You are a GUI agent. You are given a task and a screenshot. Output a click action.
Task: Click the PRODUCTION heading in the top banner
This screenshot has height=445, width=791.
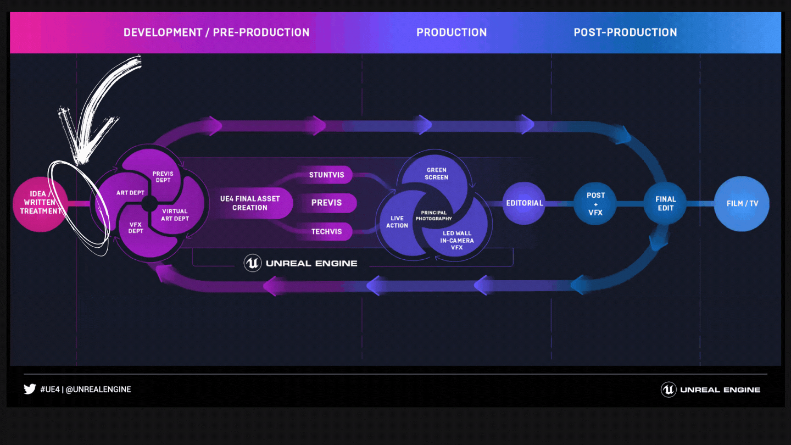452,32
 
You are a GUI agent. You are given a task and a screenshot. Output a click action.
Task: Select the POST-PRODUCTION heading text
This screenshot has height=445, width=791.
625,32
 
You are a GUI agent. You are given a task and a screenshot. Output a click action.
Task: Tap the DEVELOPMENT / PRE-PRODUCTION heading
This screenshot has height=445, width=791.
216,32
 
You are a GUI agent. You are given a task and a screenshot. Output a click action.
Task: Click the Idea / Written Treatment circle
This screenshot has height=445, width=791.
40,204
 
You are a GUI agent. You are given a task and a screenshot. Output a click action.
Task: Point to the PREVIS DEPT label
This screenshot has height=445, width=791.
163,177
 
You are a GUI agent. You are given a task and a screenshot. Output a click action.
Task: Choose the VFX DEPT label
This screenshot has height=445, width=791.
136,228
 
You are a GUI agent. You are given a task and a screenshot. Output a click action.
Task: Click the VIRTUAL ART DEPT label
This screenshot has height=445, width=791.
175,215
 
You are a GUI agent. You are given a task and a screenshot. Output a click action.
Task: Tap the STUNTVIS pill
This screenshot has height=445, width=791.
327,175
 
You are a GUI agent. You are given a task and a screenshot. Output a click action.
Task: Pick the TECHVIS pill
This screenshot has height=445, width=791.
327,232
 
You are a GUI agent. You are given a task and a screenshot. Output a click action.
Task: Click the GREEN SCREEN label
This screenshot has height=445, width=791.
437,174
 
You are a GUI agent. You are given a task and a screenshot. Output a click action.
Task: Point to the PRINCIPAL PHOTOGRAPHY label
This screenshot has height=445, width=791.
433,215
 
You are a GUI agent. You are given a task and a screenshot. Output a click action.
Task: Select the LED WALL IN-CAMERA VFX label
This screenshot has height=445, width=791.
457,240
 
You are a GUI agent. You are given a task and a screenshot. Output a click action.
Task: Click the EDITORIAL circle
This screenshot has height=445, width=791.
524,203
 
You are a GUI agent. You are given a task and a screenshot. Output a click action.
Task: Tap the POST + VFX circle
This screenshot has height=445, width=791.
595,203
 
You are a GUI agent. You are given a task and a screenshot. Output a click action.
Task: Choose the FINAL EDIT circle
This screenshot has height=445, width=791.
665,203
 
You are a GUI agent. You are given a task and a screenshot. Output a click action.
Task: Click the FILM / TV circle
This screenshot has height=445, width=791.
742,203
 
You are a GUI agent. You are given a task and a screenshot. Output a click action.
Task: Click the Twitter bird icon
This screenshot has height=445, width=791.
30,389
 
